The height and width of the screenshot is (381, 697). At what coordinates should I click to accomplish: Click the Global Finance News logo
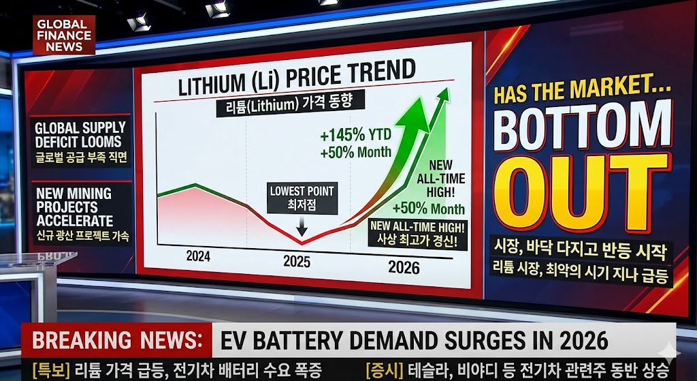[x=64, y=35]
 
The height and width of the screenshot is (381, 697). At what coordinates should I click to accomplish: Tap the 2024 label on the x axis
[x=198, y=257]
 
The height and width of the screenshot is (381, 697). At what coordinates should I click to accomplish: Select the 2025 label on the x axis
[x=297, y=261]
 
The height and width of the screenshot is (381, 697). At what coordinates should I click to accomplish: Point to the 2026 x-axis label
[x=404, y=266]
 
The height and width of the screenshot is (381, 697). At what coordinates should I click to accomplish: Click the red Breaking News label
[x=116, y=340]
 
